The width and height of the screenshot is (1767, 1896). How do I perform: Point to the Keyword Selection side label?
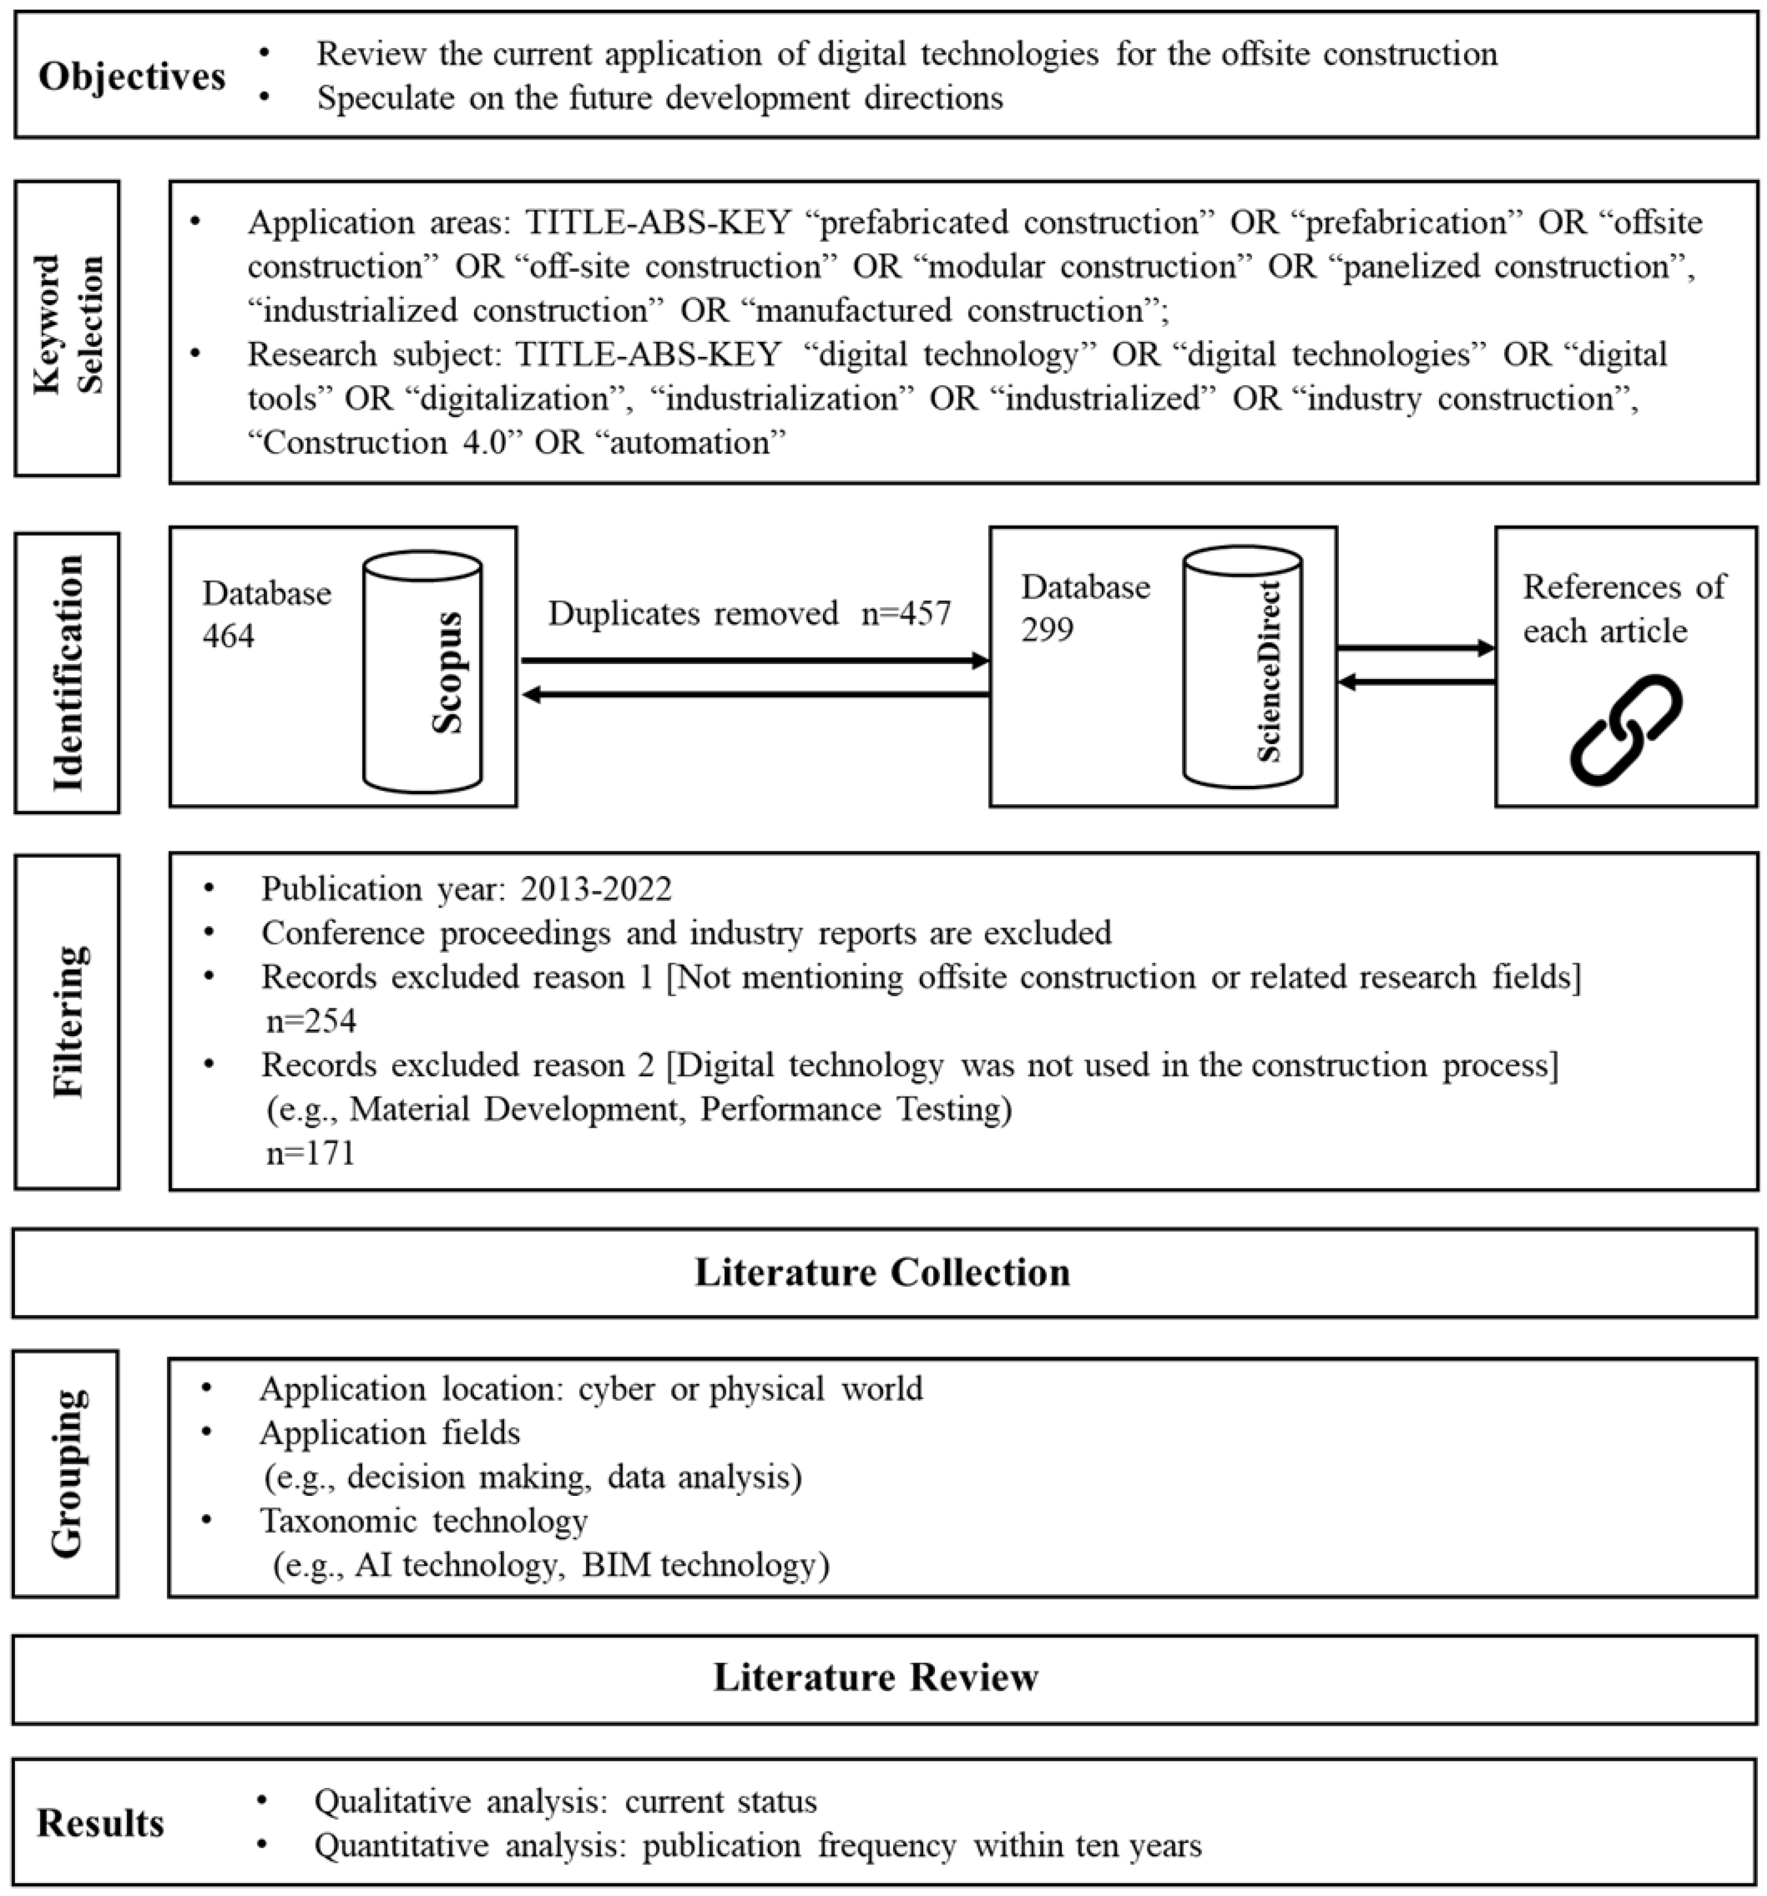click(x=67, y=325)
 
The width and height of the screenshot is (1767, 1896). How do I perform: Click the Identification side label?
click(x=67, y=672)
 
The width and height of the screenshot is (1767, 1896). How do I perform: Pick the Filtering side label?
click(x=67, y=1020)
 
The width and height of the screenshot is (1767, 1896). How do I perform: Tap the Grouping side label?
click(x=65, y=1473)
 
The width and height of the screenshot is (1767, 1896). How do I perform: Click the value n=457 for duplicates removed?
click(x=905, y=613)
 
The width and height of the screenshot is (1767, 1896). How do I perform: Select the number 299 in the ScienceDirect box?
click(x=1047, y=630)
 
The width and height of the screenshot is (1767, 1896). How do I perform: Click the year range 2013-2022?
click(x=596, y=889)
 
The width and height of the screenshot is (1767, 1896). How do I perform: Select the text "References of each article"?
click(x=1623, y=608)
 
